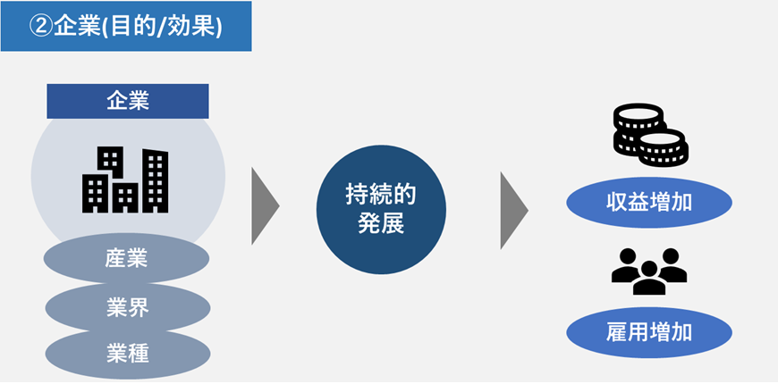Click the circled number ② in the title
[x=41, y=26]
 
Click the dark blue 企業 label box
[x=127, y=101]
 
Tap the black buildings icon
[x=125, y=180]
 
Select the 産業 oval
[x=126, y=259]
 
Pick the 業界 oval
[x=127, y=307]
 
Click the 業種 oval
[x=127, y=354]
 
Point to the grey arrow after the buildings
[x=264, y=206]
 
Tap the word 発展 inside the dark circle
[x=381, y=223]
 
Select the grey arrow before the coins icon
[x=512, y=206]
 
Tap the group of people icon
[x=649, y=271]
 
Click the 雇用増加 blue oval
[x=649, y=334]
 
